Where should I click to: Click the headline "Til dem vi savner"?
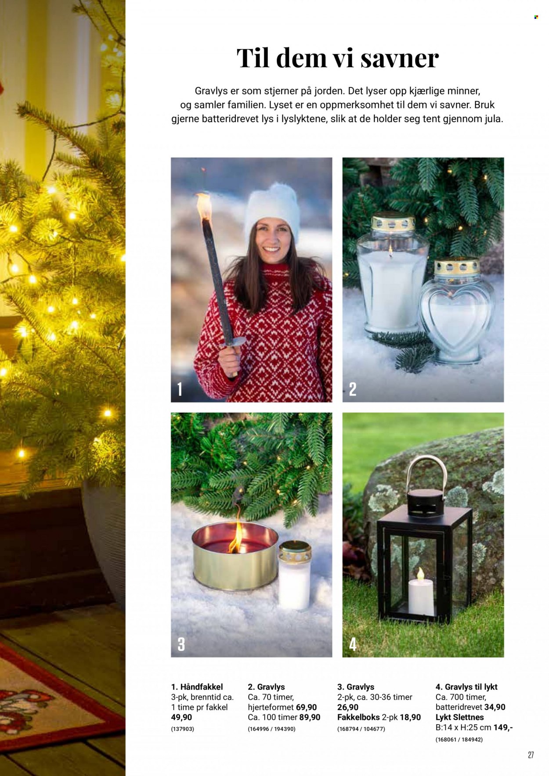tap(338, 58)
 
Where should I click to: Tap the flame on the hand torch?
tap(203, 206)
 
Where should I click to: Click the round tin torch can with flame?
tap(235, 555)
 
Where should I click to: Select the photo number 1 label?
tap(180, 389)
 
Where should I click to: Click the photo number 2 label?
tap(352, 389)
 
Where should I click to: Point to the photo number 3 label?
tap(181, 644)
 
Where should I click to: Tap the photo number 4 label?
tap(353, 644)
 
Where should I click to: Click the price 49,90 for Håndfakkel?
tap(181, 717)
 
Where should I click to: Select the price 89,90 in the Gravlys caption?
tap(310, 717)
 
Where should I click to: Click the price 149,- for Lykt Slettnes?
tap(503, 727)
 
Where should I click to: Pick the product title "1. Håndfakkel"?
tap(197, 687)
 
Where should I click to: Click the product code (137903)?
tap(182, 729)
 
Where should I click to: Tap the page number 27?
tap(531, 755)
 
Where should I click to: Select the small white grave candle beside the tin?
tap(295, 575)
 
